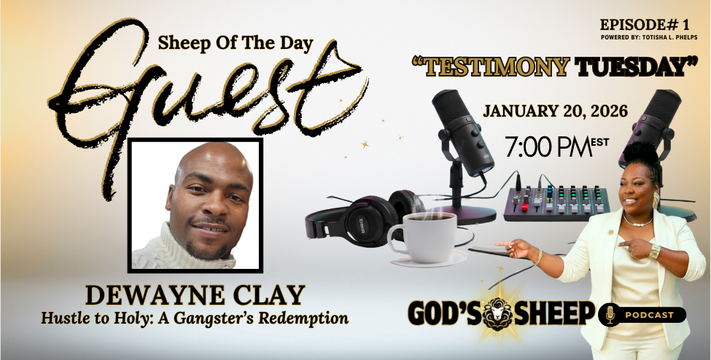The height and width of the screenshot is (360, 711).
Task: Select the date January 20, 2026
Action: coord(555,111)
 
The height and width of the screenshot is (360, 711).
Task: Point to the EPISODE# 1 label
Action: coord(648,25)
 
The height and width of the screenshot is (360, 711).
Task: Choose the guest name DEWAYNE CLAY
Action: coord(195,296)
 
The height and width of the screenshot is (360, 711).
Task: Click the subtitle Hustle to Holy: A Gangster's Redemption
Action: coord(195,318)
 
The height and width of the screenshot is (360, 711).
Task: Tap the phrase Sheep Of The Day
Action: coord(236,44)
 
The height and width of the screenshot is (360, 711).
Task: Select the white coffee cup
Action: coord(423,239)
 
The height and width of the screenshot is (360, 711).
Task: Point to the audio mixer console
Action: coord(557,203)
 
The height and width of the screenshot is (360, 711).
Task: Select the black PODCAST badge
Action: coord(642,315)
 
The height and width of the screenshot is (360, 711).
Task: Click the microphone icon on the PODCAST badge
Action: coord(610,315)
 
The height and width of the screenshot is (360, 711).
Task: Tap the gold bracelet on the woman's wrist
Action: coord(654,251)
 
